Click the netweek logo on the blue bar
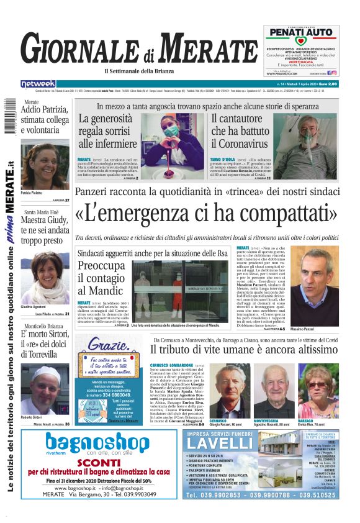click(38, 83)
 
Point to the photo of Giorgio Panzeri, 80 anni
click(234, 391)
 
